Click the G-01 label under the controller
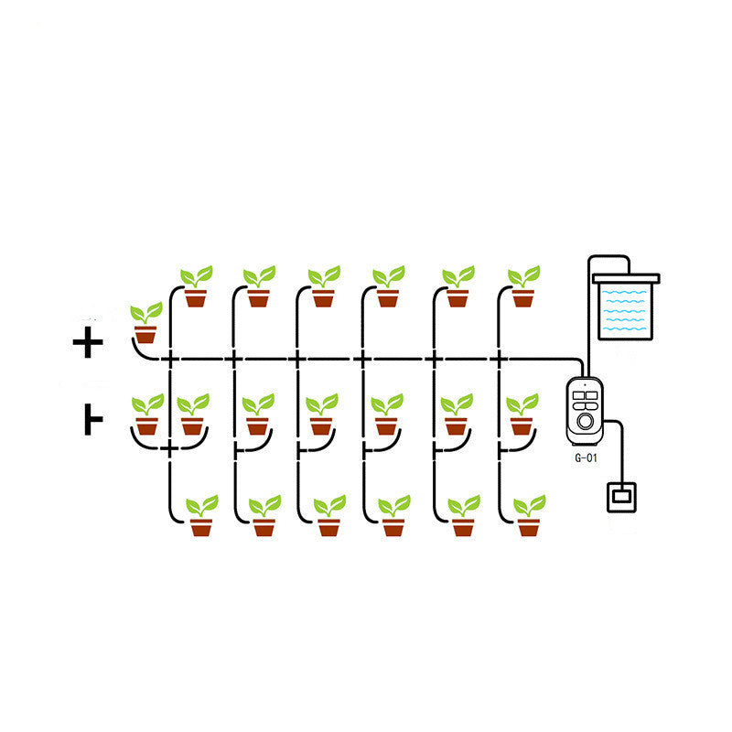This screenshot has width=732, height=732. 586,459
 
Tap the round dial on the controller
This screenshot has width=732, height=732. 586,423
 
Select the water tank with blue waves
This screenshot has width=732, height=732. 627,308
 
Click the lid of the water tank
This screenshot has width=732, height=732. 626,276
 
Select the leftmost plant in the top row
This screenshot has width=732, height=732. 195,285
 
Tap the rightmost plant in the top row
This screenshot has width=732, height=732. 522,285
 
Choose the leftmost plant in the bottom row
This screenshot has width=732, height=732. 201,516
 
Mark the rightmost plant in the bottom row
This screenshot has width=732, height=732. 529,516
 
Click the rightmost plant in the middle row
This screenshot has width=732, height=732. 522,414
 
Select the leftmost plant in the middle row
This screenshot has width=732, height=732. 146,414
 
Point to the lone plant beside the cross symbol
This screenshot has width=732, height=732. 145,322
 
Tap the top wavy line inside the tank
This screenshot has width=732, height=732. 627,295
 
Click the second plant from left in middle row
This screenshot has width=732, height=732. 192,414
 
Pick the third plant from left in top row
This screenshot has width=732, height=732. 323,285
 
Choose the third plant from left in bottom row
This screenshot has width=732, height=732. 329,516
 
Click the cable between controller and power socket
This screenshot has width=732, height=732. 623,448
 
